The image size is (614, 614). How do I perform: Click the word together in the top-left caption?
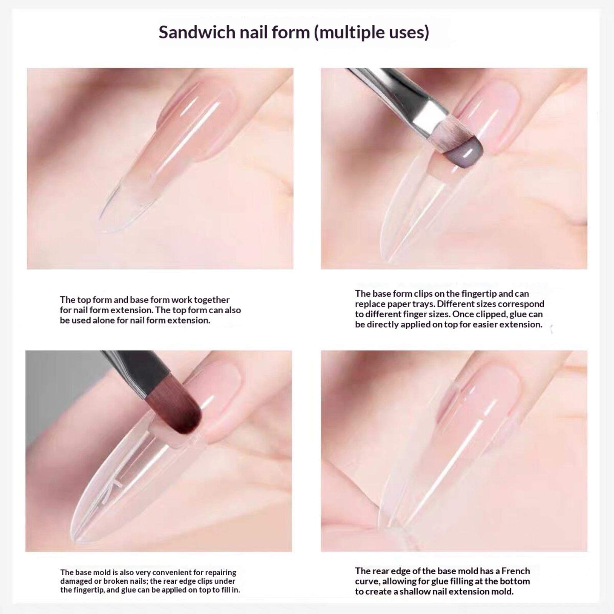[x=212, y=300]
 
